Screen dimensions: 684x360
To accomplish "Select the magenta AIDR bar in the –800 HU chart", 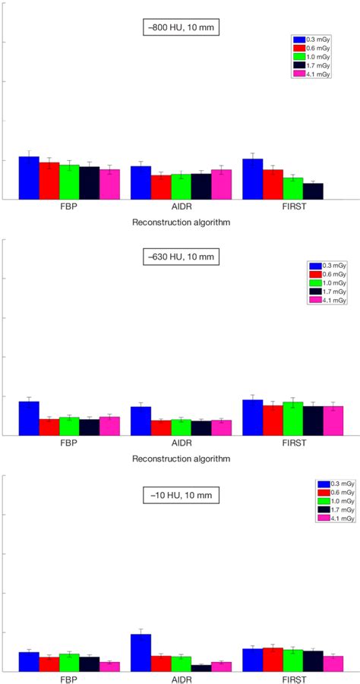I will (221, 184).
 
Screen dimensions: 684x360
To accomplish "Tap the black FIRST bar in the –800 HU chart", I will (313, 191).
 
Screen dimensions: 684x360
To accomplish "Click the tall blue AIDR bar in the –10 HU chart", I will (141, 653).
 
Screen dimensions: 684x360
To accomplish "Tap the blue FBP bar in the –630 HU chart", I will (29, 418).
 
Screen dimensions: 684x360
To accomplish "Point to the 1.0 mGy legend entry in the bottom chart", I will (336, 501).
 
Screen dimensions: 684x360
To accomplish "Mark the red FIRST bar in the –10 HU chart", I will (273, 660).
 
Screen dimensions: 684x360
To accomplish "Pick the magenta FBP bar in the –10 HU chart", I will (109, 667).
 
